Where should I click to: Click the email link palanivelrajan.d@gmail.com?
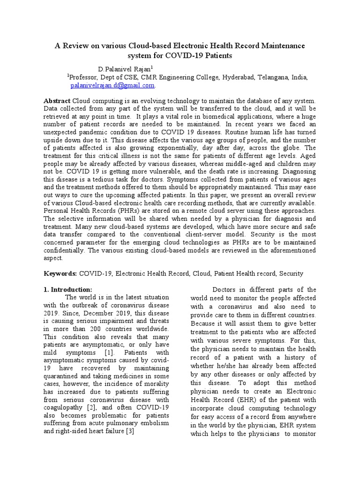coord(112,86)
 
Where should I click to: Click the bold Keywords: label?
coord(60,273)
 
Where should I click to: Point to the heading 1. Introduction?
coord(68,289)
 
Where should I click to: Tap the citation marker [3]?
coord(130,431)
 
